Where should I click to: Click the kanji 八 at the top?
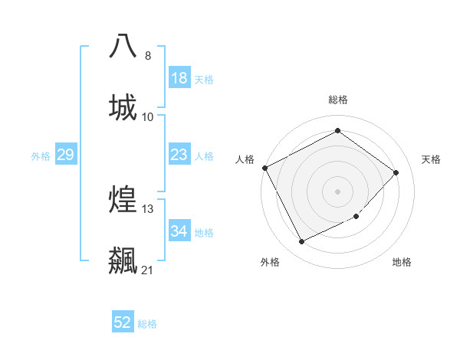click(123, 45)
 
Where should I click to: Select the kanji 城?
click(123, 106)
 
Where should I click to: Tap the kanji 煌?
click(123, 199)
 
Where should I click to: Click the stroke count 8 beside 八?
click(148, 55)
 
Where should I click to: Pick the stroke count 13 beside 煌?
click(148, 208)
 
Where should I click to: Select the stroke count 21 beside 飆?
click(148, 270)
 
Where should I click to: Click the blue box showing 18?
click(179, 77)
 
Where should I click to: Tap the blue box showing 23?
click(179, 155)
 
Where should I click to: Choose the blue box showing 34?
click(179, 231)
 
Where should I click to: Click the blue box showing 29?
click(65, 155)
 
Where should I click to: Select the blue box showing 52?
click(123, 322)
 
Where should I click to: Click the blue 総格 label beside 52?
click(147, 324)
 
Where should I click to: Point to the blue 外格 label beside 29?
click(41, 156)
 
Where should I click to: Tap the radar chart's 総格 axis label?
click(338, 100)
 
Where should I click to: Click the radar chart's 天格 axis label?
click(431, 159)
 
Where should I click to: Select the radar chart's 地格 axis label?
click(402, 262)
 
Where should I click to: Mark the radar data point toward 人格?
click(265, 168)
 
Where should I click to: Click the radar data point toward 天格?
click(396, 172)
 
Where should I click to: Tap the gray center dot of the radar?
click(337, 191)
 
